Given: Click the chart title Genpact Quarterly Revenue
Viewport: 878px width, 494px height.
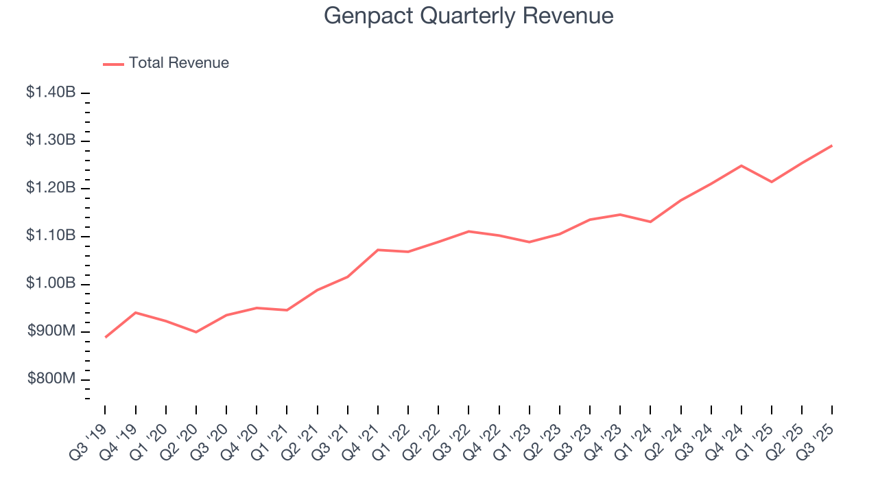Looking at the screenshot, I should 468,16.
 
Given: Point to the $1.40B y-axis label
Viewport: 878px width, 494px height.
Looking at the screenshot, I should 51,93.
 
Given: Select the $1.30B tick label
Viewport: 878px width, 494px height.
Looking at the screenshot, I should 51,141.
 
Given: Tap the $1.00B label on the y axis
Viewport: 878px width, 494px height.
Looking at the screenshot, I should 51,284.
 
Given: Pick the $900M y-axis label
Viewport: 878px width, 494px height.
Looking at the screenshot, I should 51,332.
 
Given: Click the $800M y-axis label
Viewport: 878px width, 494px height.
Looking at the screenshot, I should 51,379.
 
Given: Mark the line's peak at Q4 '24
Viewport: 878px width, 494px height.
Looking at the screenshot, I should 741,165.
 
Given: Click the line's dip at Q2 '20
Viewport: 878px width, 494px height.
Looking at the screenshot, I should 196,332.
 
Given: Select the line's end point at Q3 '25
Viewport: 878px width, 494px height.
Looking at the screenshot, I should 832,145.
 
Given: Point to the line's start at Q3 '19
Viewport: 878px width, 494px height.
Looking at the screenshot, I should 106,337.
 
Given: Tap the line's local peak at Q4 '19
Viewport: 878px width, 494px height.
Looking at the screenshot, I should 136,312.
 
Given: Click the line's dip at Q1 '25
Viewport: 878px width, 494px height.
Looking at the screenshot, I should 772,182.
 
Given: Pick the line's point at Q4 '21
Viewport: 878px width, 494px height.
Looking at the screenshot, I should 378,250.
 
